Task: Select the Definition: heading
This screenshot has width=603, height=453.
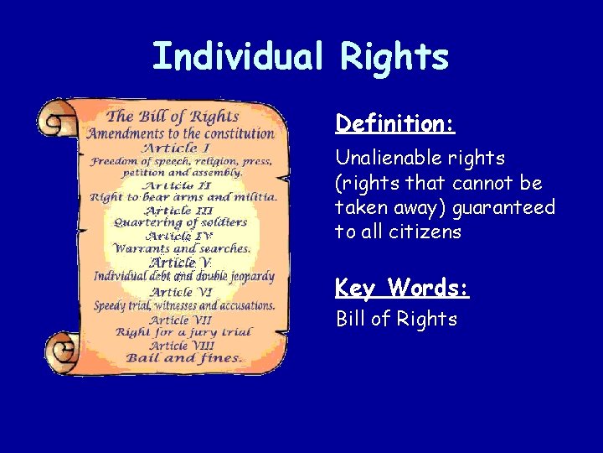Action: [x=394, y=124]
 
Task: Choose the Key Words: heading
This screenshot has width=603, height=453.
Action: [x=402, y=289]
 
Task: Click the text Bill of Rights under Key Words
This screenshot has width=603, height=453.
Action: [x=396, y=319]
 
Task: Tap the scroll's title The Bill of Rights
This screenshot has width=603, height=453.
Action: [x=173, y=117]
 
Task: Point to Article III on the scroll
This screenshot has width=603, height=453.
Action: [x=179, y=210]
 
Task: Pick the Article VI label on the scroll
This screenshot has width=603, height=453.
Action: [x=181, y=292]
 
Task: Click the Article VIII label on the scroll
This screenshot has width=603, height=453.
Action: [x=181, y=345]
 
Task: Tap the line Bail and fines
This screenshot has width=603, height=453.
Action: [x=183, y=358]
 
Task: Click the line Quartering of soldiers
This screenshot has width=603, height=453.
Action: [x=180, y=222]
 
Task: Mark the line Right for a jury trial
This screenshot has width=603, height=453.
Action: [x=183, y=332]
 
